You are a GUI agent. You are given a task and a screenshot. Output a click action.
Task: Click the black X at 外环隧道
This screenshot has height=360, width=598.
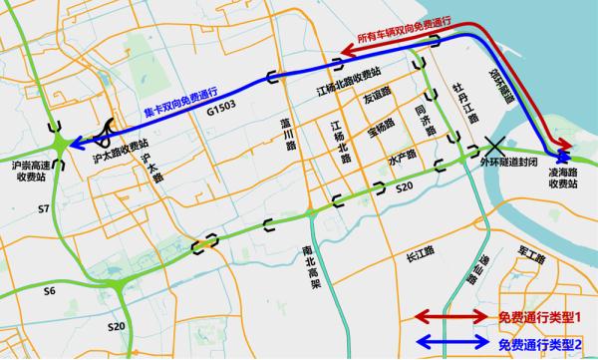pos(491,146)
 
